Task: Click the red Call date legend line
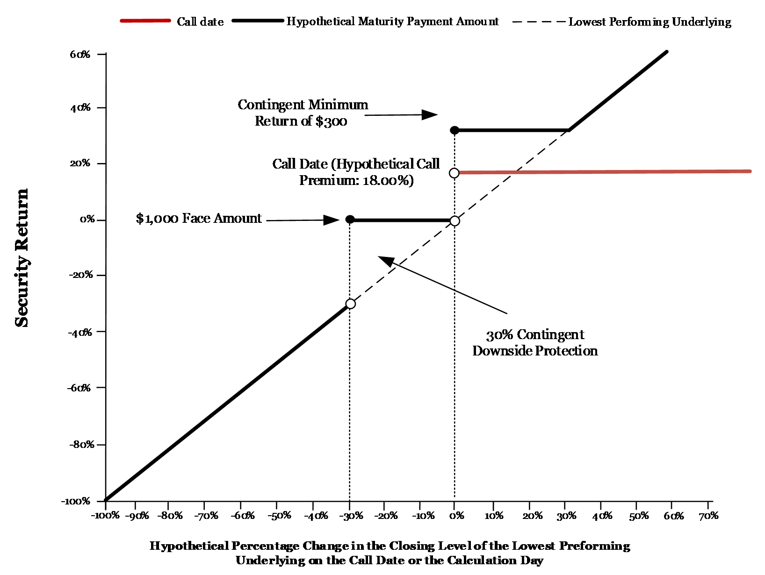pos(145,21)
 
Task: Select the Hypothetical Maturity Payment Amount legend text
pos(392,21)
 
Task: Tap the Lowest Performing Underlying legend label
pos(650,21)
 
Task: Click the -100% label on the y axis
pos(76,501)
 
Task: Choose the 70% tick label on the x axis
pos(708,516)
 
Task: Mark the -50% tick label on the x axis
pos(279,516)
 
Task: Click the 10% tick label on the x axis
pos(494,516)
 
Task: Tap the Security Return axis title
pos(21,258)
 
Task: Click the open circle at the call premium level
pos(454,173)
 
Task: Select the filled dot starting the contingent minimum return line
pos(455,130)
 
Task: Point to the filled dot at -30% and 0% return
pos(350,219)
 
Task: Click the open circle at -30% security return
pos(350,304)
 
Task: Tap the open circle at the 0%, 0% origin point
pos(455,220)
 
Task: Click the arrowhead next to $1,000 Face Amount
pos(331,220)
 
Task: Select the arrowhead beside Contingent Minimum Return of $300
pos(429,114)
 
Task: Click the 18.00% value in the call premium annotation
pos(386,180)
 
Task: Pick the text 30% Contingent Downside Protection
pos(535,342)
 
